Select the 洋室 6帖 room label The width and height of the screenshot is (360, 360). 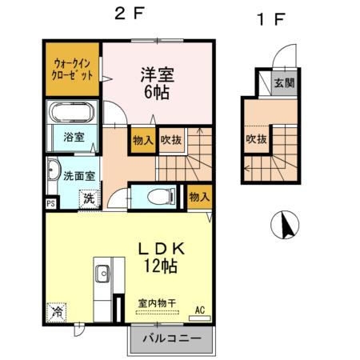(x=157, y=83)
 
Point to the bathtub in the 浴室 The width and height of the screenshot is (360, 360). (x=73, y=112)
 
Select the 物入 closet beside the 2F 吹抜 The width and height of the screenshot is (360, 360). (x=142, y=140)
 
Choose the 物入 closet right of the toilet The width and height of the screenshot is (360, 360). (x=199, y=196)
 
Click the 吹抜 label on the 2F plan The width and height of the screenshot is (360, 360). (x=170, y=140)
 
